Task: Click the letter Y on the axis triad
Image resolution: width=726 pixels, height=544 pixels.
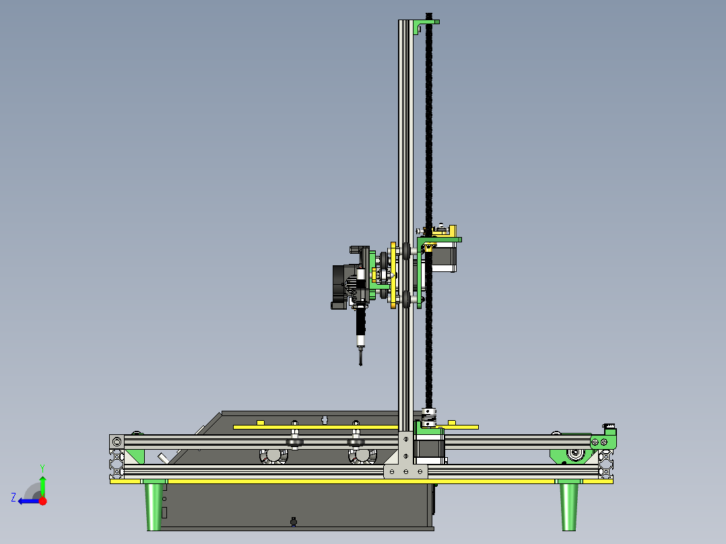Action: pyautogui.click(x=42, y=468)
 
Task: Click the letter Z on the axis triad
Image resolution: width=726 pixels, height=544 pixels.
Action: pyautogui.click(x=13, y=498)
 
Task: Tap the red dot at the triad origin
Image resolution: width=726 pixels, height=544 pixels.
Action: pyautogui.click(x=42, y=501)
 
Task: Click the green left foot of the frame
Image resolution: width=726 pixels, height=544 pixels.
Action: pyautogui.click(x=154, y=505)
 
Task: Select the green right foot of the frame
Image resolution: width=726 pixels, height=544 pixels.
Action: pyautogui.click(x=568, y=505)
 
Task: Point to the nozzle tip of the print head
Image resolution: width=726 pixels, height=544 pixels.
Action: pyautogui.click(x=361, y=364)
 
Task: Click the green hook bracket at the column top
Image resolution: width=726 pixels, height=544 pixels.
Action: pyautogui.click(x=425, y=26)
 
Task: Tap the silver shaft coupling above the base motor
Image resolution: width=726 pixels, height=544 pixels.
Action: pyautogui.click(x=429, y=417)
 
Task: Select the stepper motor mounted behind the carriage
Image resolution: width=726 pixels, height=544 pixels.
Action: pyautogui.click(x=444, y=257)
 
